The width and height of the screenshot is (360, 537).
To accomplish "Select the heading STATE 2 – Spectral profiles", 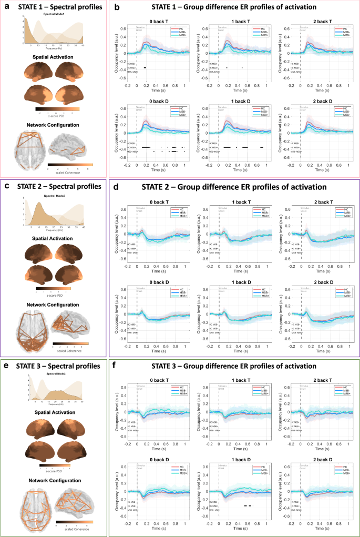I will click(56, 186).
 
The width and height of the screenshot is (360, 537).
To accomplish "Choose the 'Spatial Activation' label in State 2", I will click(54, 237).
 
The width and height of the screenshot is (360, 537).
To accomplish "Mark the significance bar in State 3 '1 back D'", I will click(249, 505).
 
